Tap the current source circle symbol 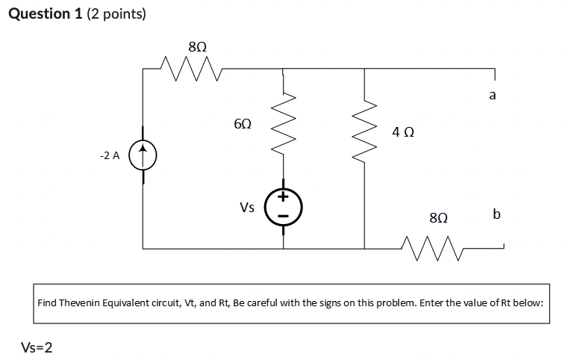point(143,157)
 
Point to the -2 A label point(109,156)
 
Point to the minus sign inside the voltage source point(284,216)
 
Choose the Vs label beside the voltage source point(248,208)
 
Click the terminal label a point(493,96)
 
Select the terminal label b point(497,214)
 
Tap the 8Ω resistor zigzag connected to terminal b point(432,242)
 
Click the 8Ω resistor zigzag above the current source point(191,68)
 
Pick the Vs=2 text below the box point(37,347)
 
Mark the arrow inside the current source point(143,156)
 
